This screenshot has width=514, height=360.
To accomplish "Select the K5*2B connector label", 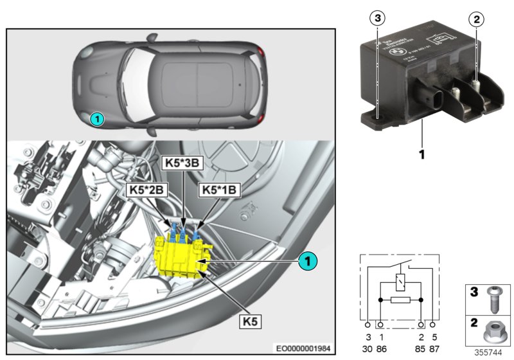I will [147, 191].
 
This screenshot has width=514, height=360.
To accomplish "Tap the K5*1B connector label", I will [220, 191].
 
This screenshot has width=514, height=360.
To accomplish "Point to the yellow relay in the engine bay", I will [183, 254].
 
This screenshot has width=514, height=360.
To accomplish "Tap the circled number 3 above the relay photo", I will [378, 19].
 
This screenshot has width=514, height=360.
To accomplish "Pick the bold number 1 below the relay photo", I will [422, 154].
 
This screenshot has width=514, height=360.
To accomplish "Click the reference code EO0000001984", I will [300, 348].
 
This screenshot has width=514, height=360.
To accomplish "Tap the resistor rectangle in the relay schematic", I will [401, 300].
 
